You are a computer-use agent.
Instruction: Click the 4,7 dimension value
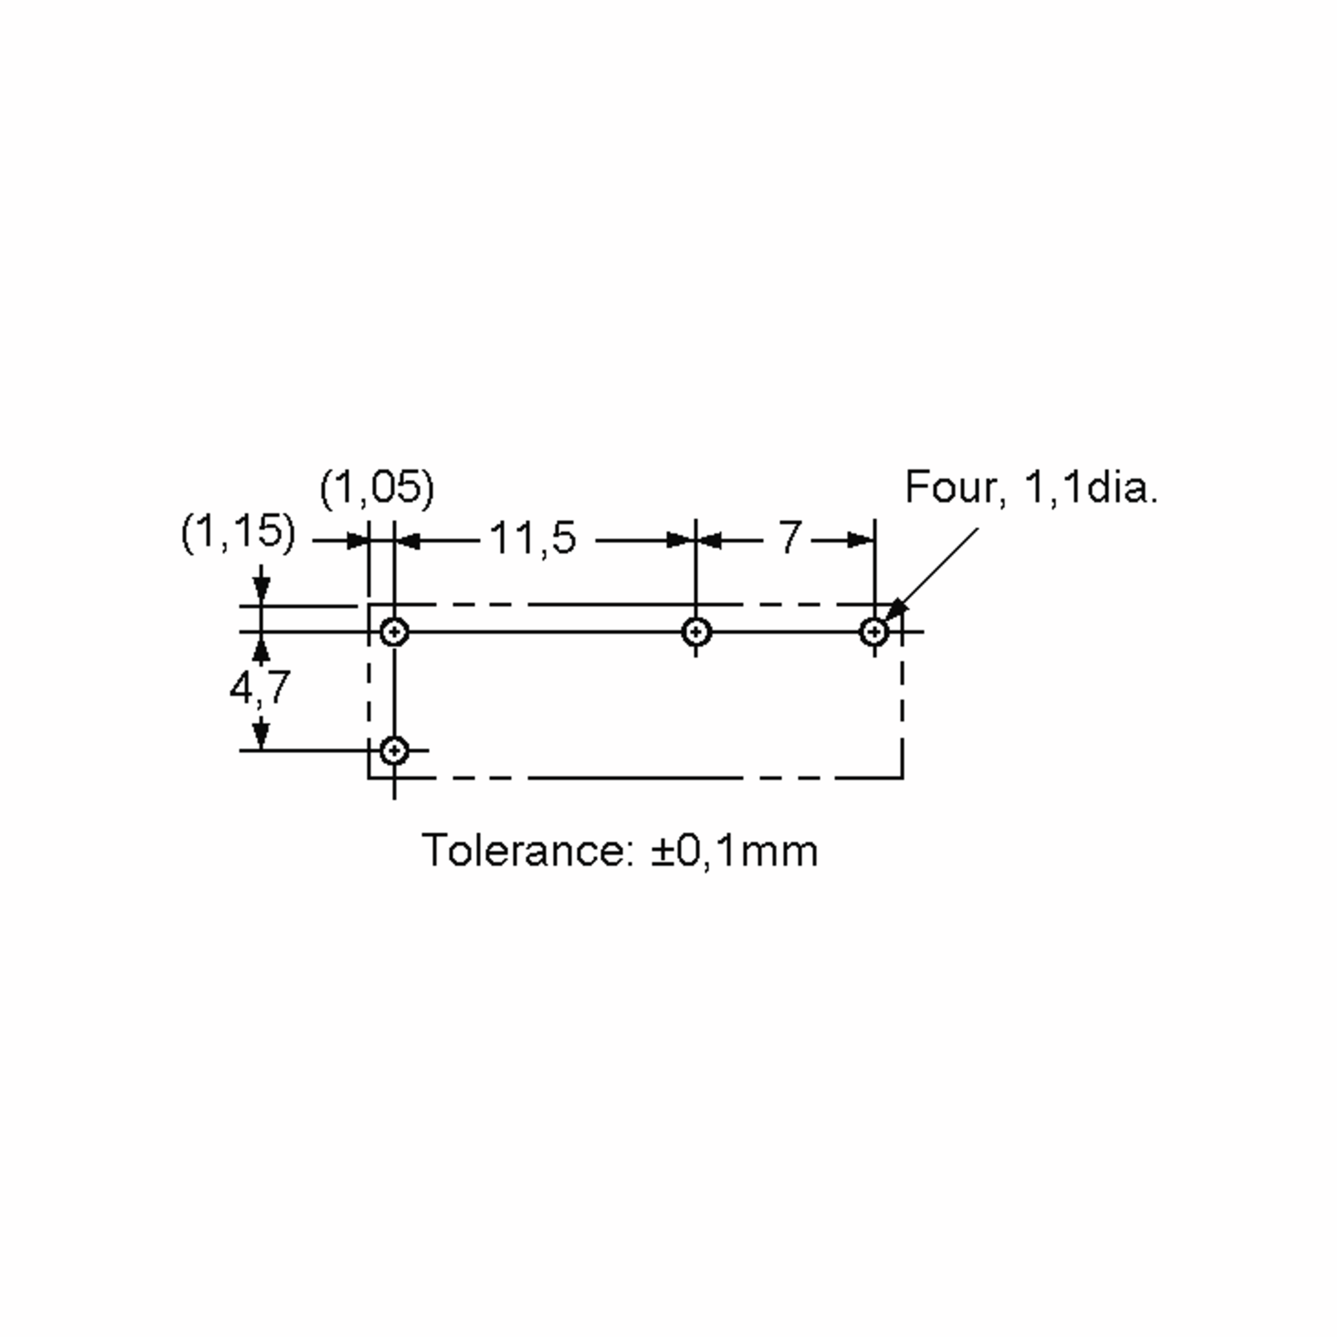point(260,689)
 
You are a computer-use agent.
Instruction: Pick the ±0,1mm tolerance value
point(734,851)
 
